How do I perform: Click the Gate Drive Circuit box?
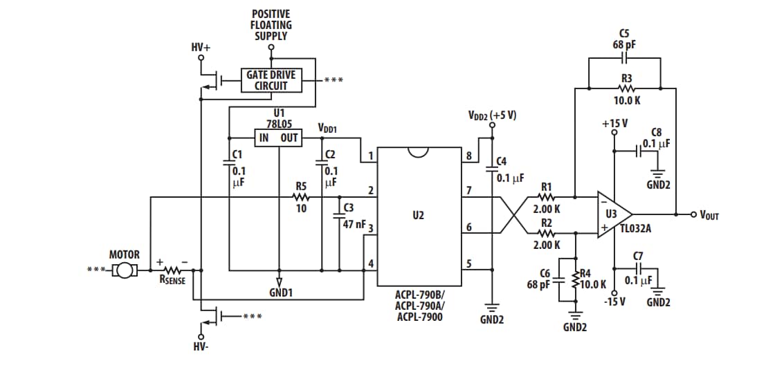coord(271,80)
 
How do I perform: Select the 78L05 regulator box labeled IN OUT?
coord(277,138)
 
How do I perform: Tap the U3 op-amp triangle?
coord(613,214)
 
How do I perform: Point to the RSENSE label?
coord(172,280)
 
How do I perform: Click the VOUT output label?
coord(709,215)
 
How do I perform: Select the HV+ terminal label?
coord(201,47)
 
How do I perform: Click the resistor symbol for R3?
coord(626,89)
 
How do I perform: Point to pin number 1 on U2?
coord(371,156)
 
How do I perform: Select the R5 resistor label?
coord(301,186)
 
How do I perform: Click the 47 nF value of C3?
coord(354,225)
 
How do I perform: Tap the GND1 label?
coord(280,292)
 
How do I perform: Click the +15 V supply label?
coord(614,124)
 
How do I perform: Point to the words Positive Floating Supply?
coord(271,25)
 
